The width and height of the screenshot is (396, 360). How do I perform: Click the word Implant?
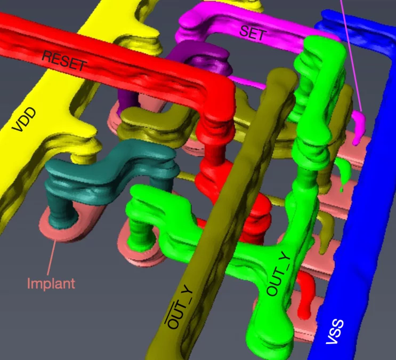coord(51,283)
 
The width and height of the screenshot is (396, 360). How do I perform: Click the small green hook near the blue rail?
coord(346,170)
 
